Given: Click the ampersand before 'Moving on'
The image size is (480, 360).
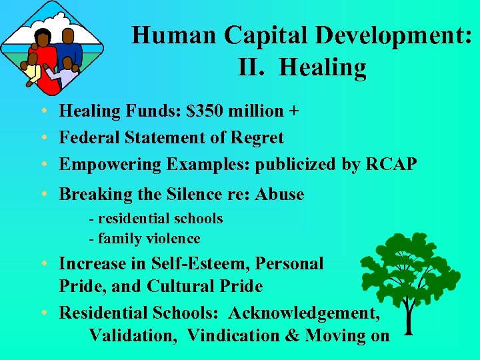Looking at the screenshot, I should pos(292,335).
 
